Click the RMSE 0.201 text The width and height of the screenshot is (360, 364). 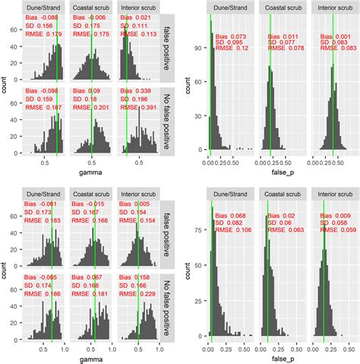[89, 108]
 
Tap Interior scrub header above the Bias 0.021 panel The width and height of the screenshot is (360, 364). [137, 11]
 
